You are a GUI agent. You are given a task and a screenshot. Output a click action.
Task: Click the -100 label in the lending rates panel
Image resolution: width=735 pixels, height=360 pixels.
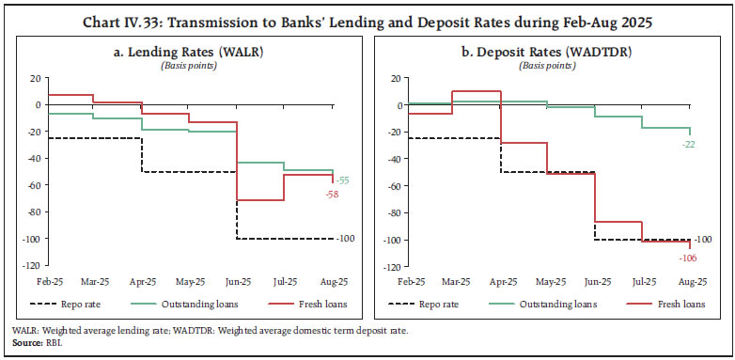tap(344, 239)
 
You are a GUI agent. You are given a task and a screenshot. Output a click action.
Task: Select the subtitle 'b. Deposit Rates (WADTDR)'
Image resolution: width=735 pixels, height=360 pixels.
tap(551, 50)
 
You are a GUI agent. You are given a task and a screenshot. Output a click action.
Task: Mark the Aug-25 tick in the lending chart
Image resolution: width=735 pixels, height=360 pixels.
tap(332, 281)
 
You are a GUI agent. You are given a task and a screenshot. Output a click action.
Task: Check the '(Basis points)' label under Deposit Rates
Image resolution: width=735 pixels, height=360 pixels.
tap(551, 65)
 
